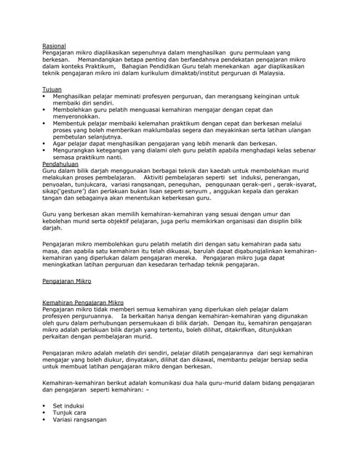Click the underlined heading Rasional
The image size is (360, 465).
click(x=54, y=46)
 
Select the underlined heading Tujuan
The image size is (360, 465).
click(x=52, y=88)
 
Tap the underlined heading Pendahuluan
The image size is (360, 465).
click(x=60, y=165)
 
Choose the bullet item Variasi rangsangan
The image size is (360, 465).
click(x=80, y=419)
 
